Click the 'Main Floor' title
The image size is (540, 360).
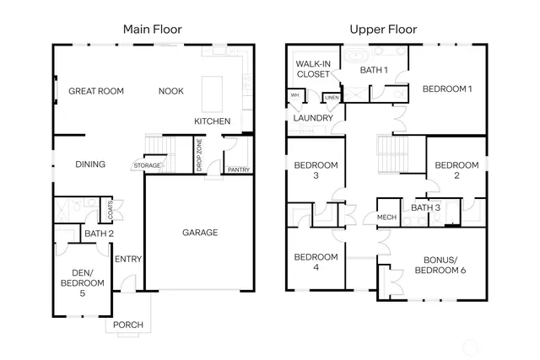pos(152,30)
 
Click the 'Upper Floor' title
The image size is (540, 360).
pos(384,30)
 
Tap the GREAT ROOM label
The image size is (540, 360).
pos(96,91)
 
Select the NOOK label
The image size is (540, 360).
pos(172,91)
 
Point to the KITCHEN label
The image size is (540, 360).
pos(212,121)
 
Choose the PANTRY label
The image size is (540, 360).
pos(238,169)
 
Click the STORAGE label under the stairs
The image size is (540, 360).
pos(147,166)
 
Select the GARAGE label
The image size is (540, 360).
pos(201,233)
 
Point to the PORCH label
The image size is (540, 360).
pos(127,325)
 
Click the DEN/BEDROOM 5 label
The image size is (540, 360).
pos(82,283)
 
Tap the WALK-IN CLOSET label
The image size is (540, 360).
pos(313,68)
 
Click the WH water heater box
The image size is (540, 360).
pos(294,95)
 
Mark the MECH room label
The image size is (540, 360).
pos(386,218)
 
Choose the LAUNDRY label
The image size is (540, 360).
pos(312,118)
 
